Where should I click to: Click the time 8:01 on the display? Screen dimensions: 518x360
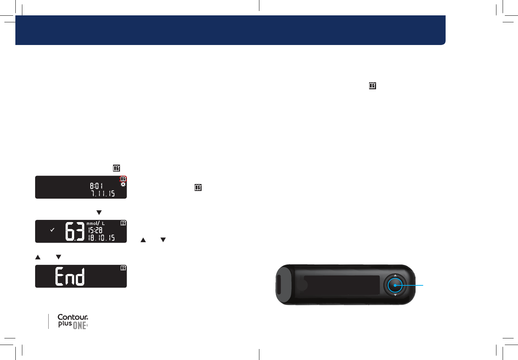(96, 186)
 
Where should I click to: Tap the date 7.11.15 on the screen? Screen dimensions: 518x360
(103, 194)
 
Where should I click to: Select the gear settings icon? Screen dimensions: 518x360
(123, 185)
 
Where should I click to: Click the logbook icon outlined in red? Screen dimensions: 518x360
(123, 179)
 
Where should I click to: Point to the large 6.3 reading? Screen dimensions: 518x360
(75, 231)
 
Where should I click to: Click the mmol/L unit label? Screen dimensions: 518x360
(95, 223)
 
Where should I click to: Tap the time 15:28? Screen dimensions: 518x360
(95, 230)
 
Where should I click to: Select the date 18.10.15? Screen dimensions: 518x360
(101, 238)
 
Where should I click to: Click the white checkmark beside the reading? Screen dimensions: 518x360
(52, 230)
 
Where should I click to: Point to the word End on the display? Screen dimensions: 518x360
(70, 276)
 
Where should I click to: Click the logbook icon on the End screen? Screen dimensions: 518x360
(123, 268)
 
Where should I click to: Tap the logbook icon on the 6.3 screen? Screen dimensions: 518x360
(123, 223)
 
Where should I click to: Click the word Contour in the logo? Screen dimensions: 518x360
(72, 317)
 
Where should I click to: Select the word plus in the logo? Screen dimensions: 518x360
(65, 324)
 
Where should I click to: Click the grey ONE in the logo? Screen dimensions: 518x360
(79, 326)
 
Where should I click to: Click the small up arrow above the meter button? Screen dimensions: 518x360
(395, 275)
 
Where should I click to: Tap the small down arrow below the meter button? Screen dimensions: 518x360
(395, 295)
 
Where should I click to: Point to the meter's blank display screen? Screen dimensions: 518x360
(342, 285)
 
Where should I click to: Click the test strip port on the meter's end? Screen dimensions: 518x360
(279, 285)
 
